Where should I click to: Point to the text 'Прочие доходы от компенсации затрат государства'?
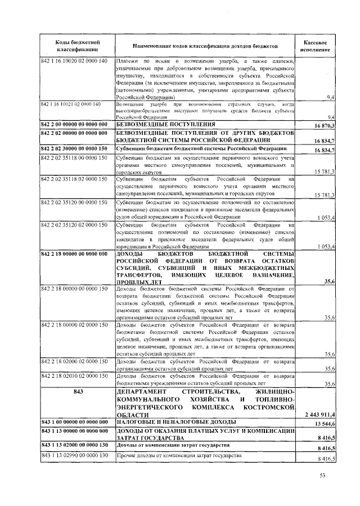click(x=179, y=455)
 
